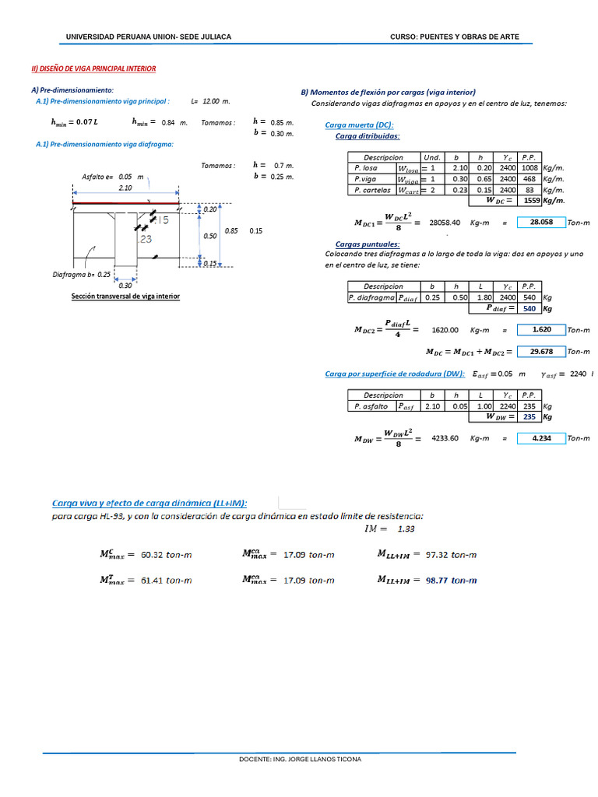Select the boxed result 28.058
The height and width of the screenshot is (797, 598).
(x=540, y=223)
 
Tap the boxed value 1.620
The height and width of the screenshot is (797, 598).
(x=540, y=330)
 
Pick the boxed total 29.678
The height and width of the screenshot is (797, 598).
(x=540, y=352)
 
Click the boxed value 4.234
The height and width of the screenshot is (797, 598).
(x=540, y=439)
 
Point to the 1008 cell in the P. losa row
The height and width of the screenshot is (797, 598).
(x=529, y=168)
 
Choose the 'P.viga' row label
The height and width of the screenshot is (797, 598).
(x=365, y=179)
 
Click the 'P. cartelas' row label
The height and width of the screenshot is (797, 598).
(x=371, y=190)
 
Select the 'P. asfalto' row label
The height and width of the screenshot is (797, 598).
(x=371, y=406)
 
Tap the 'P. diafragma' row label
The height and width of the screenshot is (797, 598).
(x=371, y=297)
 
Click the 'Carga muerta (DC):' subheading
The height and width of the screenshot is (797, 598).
(x=359, y=125)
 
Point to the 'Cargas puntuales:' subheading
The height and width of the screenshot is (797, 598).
(x=362, y=244)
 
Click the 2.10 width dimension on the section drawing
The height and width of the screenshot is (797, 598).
(x=125, y=188)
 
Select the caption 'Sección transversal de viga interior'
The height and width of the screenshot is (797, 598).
(x=125, y=297)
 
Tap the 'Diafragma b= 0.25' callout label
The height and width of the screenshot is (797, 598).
(x=81, y=275)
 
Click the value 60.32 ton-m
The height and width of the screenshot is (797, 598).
(x=166, y=555)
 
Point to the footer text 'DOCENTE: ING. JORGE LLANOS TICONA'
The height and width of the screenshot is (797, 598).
(x=300, y=759)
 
